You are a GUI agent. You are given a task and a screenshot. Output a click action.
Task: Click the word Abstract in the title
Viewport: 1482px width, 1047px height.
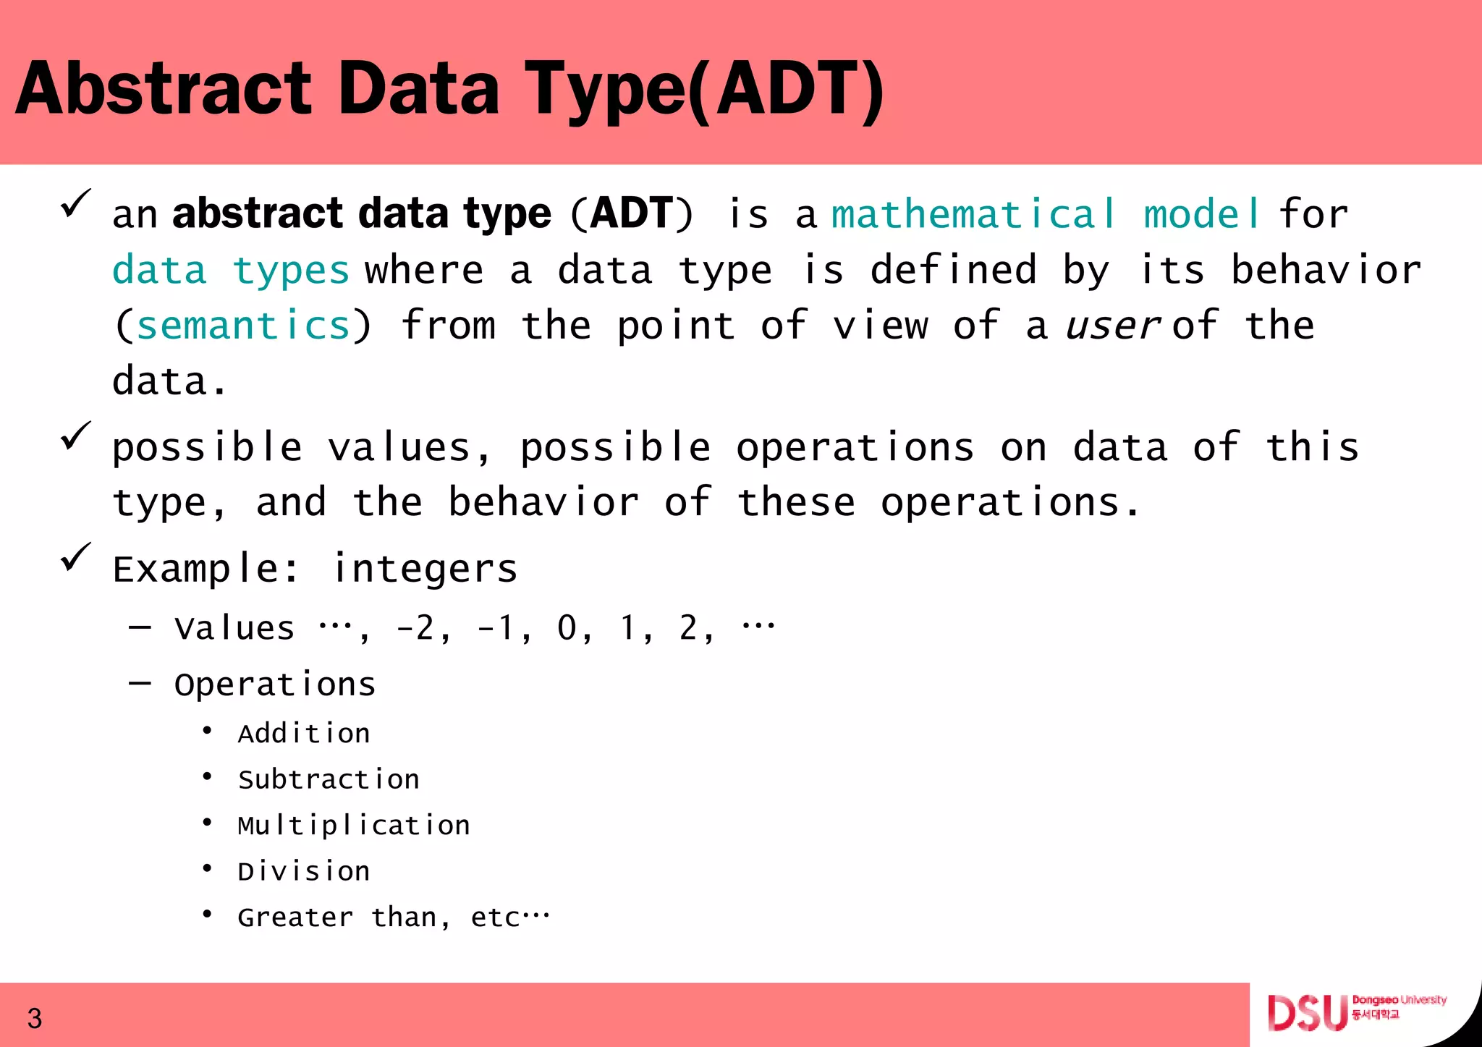[x=164, y=89]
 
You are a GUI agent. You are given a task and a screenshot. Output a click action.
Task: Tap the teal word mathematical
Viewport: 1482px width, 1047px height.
[x=973, y=215]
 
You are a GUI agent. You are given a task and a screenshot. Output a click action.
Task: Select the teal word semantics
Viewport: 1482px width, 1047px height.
[x=243, y=326]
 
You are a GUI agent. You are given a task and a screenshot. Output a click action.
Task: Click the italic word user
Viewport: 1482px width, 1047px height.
[x=1113, y=326]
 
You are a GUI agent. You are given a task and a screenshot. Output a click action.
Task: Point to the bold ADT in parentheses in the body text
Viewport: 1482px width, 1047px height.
[x=632, y=213]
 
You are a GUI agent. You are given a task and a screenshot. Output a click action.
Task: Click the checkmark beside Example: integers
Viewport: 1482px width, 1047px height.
[x=75, y=557]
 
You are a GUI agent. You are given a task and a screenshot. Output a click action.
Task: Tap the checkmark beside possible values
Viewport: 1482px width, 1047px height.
[x=75, y=436]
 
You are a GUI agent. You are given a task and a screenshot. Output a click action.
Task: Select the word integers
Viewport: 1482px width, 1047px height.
[x=425, y=569]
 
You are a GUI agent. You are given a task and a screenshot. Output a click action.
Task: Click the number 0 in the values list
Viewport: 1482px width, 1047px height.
[x=567, y=628]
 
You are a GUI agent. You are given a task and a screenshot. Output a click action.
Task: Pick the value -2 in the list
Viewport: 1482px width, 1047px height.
[x=415, y=628]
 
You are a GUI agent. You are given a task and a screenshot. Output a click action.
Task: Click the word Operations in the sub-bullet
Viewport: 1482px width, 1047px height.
[x=275, y=684]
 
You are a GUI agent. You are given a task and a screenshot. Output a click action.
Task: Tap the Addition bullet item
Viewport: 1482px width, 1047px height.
[x=304, y=734]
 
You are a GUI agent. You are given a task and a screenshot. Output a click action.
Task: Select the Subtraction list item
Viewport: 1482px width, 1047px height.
[x=329, y=780]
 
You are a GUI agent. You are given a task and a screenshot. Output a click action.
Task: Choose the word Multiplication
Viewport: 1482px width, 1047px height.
[x=354, y=826]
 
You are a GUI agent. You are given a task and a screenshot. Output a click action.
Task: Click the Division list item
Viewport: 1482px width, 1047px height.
[x=304, y=871]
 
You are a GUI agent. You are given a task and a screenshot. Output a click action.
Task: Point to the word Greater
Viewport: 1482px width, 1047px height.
[x=295, y=917]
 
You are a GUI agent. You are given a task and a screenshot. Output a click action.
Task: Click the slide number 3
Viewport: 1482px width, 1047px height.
[x=35, y=1019]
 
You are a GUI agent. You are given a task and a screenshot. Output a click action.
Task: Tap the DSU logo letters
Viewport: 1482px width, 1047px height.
[x=1307, y=1013]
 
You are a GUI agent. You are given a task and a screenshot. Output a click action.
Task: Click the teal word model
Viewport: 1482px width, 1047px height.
[x=1201, y=215]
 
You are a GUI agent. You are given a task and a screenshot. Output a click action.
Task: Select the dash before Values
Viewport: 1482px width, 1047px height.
[x=140, y=627]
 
